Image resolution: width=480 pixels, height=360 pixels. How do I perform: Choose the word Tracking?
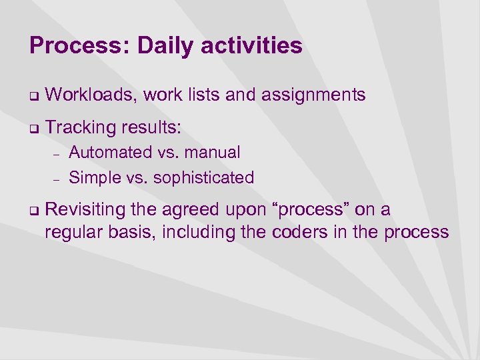click(78, 127)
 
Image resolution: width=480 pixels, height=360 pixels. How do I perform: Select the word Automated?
click(111, 153)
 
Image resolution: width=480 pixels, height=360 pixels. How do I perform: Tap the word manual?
click(212, 153)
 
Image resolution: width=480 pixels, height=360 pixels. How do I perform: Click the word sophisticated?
click(203, 178)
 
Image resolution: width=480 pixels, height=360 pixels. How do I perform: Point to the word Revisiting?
click(85, 210)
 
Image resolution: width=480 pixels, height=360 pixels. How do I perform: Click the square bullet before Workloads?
click(33, 97)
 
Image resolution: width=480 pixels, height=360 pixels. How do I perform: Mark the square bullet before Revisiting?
click(33, 211)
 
